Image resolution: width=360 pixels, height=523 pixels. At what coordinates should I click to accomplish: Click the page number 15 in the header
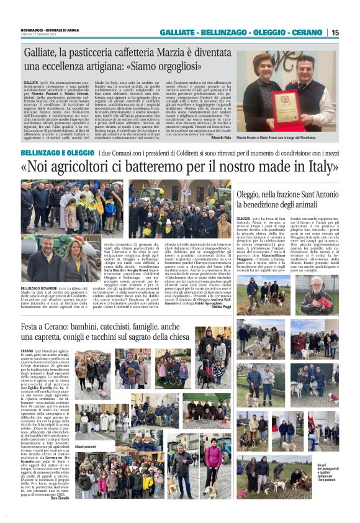[x=335, y=32]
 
